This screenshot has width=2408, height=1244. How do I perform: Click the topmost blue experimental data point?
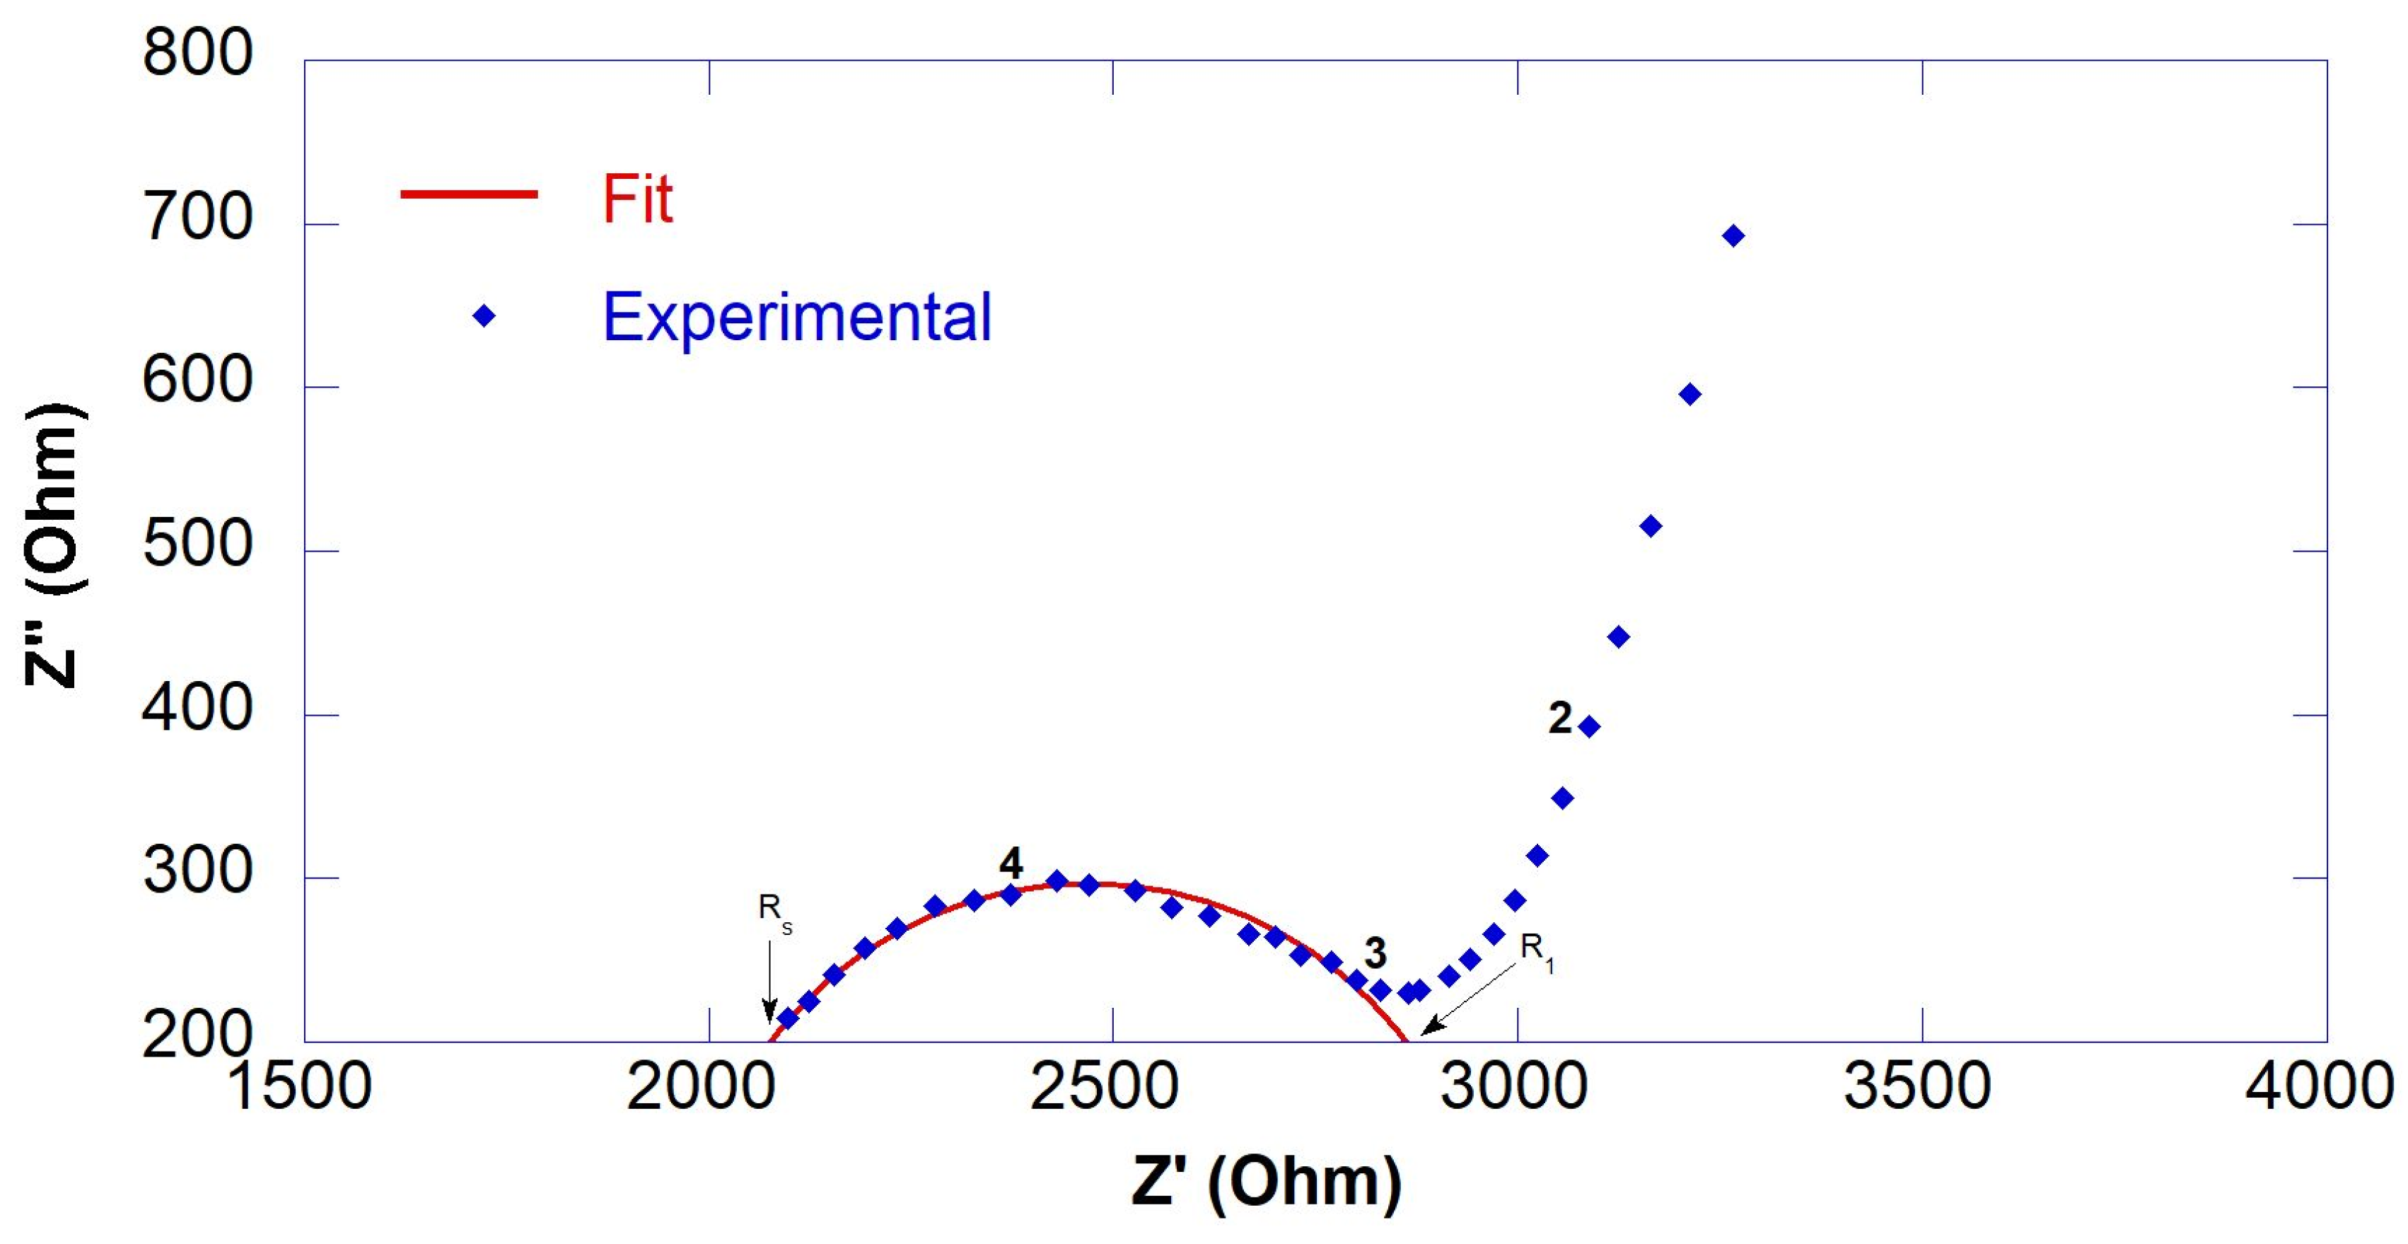pyautogui.click(x=1733, y=236)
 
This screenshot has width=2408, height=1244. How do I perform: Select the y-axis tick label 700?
pyautogui.click(x=197, y=218)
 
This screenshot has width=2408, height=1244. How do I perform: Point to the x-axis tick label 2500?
pyautogui.click(x=1104, y=1086)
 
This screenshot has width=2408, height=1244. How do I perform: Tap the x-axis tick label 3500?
pyautogui.click(x=1917, y=1086)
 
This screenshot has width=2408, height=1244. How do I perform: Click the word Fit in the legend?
pyautogui.click(x=636, y=198)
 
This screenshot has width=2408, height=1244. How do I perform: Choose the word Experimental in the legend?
pyautogui.click(x=796, y=318)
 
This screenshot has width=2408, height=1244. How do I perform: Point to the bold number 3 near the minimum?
pyautogui.click(x=1375, y=953)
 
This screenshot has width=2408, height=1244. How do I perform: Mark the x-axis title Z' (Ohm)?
pyautogui.click(x=1267, y=1182)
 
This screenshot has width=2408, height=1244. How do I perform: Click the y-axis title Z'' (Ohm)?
pyautogui.click(x=54, y=546)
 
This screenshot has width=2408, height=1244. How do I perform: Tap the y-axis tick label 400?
pyautogui.click(x=197, y=709)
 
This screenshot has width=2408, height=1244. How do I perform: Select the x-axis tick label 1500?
pyautogui.click(x=299, y=1086)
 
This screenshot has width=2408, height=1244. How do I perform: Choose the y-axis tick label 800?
pyautogui.click(x=197, y=52)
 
